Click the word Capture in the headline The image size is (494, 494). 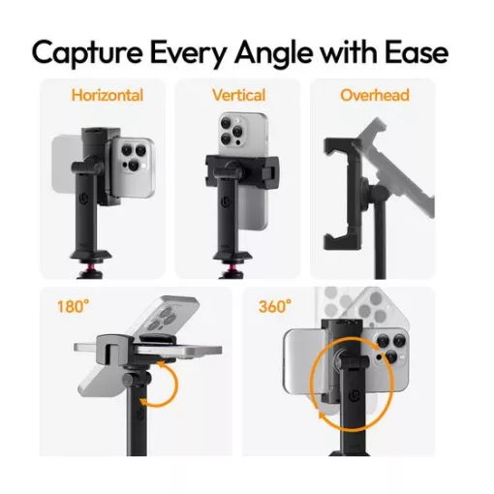tap(87, 53)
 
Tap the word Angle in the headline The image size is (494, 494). tap(274, 53)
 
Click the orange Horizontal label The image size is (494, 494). tap(108, 96)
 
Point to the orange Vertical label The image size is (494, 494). tap(239, 96)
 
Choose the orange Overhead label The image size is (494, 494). tap(375, 96)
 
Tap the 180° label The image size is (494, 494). tap(73, 306)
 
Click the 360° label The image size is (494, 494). tap(275, 306)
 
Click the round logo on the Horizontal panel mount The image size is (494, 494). tap(84, 199)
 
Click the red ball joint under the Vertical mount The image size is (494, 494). tap(233, 266)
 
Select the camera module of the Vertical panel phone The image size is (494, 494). tap(232, 131)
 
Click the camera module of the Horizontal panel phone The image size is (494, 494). tap(134, 157)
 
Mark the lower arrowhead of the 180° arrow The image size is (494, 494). tap(144, 402)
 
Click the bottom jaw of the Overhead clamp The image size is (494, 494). tap(337, 241)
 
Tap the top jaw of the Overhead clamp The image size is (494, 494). tap(337, 146)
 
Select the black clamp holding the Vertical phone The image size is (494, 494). tap(242, 168)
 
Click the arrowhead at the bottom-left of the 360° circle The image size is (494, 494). tap(323, 415)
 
